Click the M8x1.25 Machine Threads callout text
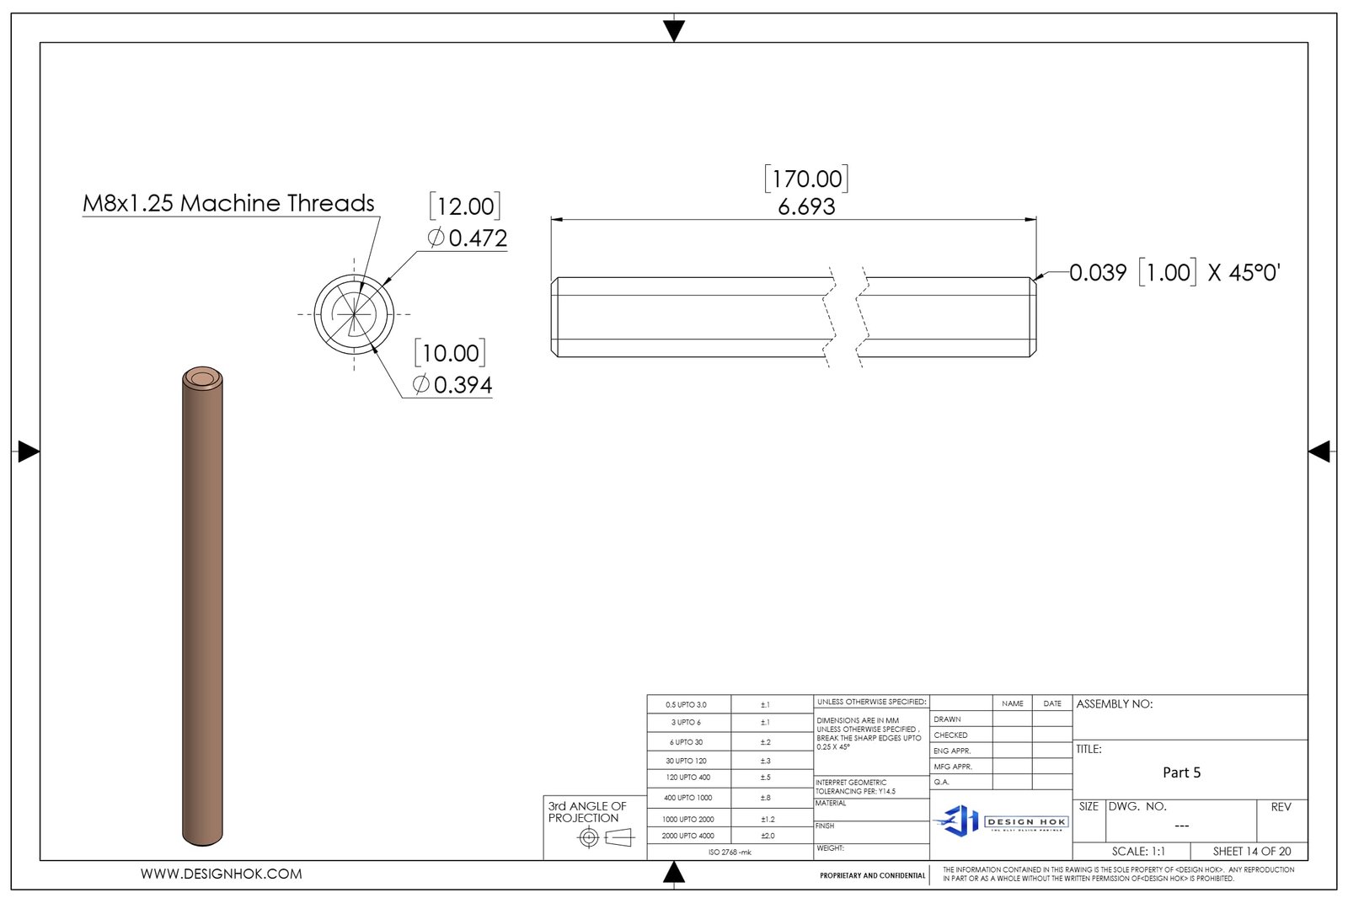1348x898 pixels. (228, 203)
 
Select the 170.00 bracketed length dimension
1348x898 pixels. (806, 179)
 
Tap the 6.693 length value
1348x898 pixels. (806, 207)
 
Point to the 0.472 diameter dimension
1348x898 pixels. (468, 238)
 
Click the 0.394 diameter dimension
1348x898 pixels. (453, 385)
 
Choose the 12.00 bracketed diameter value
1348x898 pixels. (465, 206)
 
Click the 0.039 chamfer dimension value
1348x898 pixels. (1098, 273)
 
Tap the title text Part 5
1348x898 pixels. (1181, 772)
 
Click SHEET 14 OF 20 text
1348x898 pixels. (1251, 852)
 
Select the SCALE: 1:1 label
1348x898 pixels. (1138, 852)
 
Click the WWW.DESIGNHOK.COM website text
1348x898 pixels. (221, 874)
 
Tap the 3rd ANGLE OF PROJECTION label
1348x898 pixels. (587, 812)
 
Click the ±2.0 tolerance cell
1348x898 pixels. (768, 836)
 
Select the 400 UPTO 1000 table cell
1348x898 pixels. (687, 798)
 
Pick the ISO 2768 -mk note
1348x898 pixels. (730, 853)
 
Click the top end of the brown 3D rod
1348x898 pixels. (202, 378)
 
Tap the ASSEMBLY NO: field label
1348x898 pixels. (1114, 704)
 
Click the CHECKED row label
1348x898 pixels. (950, 735)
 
